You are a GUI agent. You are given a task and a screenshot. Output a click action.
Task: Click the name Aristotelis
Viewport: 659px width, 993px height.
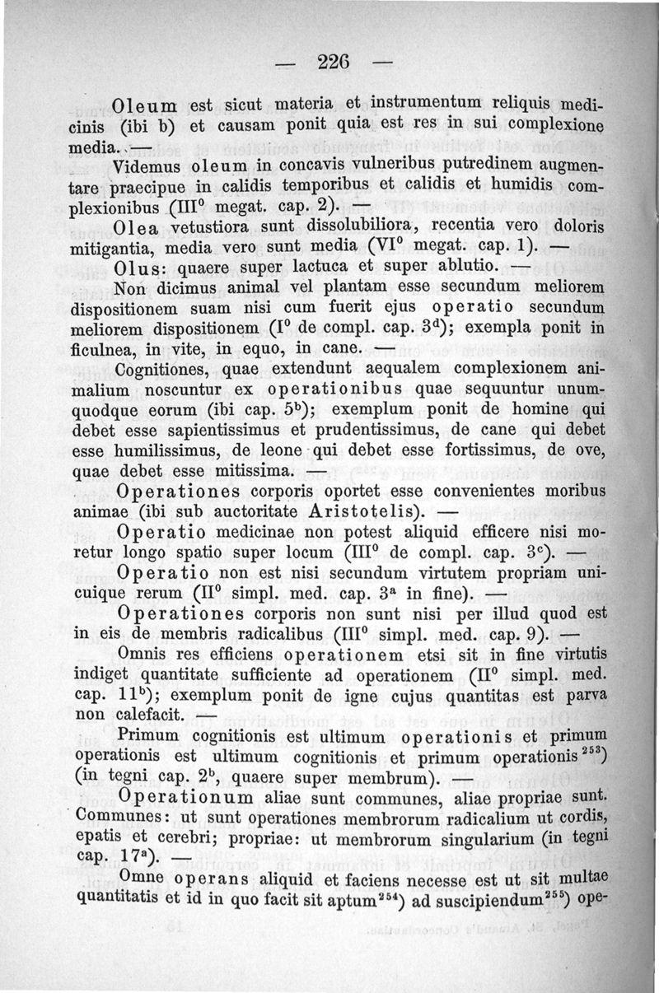click(x=353, y=512)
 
